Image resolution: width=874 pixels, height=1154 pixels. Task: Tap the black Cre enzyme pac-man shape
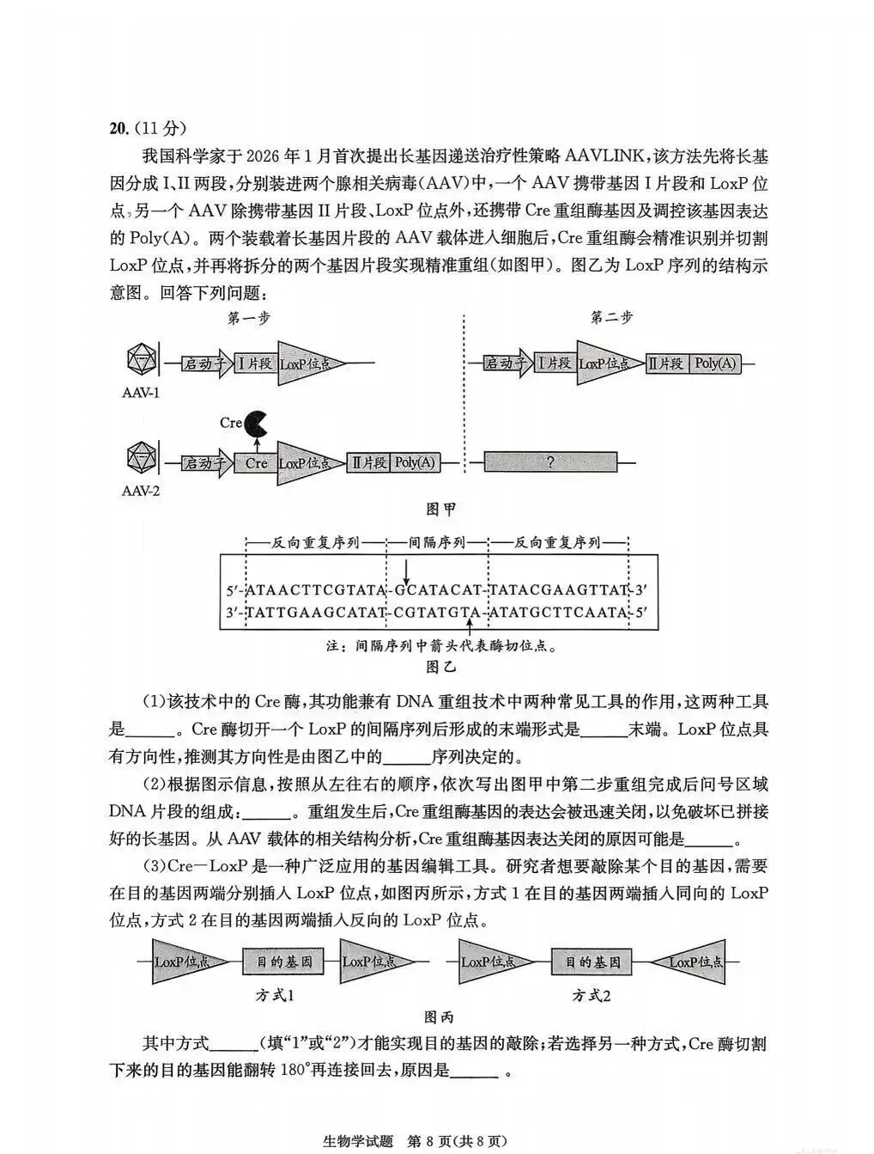tap(256, 423)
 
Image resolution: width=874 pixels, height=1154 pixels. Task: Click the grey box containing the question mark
tap(549, 462)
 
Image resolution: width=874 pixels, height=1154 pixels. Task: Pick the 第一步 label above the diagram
tap(249, 317)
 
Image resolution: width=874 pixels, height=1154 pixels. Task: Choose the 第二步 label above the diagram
tap(611, 317)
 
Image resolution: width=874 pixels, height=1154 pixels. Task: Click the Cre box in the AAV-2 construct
tap(256, 463)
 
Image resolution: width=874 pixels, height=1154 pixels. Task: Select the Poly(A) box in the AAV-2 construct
tap(415, 463)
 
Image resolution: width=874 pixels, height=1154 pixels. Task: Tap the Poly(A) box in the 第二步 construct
tap(715, 363)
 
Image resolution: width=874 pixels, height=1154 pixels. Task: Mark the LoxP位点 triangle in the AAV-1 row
tap(305, 363)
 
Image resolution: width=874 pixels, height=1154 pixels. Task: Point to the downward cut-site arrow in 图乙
tap(407, 571)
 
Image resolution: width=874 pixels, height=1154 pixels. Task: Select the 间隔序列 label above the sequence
tap(437, 543)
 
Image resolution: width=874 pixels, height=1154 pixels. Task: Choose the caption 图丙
tap(440, 1018)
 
